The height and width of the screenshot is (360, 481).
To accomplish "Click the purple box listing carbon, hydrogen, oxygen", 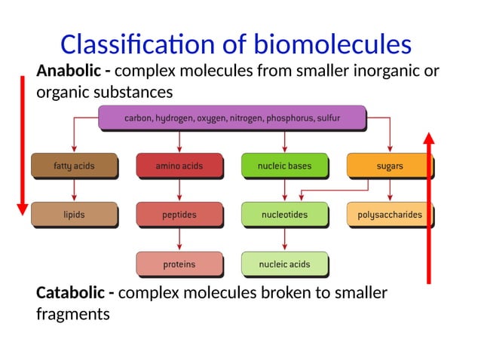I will point(232,117).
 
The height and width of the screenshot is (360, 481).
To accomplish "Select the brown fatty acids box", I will point(74,166).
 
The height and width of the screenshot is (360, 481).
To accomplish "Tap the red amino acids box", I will point(179,166).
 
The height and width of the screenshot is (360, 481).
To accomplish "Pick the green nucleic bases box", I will point(284,166).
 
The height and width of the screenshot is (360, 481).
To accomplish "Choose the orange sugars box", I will point(390,166).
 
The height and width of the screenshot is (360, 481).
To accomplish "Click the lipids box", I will point(74,215).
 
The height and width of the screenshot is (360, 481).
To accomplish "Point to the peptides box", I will point(179,215).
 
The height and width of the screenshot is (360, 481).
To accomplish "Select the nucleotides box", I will point(284,215).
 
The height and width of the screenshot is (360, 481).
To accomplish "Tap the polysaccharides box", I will point(390,215).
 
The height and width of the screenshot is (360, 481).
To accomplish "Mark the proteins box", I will point(179,264).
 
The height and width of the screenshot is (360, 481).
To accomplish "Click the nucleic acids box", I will point(284,264).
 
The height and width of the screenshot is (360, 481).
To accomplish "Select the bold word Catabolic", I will point(70,292).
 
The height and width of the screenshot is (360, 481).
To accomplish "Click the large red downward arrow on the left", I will point(23,143).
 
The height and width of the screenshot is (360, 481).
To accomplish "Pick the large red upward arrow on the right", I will point(429,207).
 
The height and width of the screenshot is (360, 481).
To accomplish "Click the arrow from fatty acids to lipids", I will point(74,190).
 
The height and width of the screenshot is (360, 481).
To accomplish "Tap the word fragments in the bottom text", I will point(72,313).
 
